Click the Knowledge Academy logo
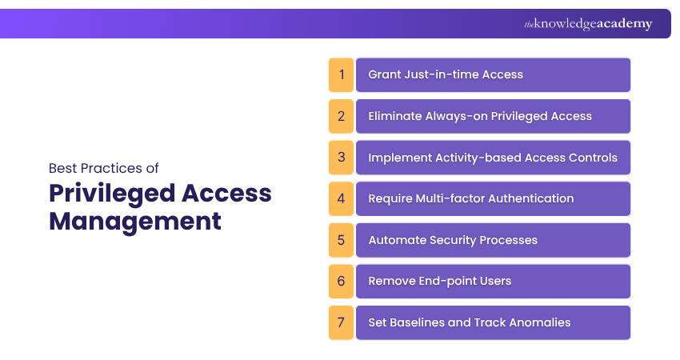[x=588, y=24]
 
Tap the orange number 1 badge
[x=341, y=74]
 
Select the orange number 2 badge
[x=341, y=116]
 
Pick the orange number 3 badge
[x=341, y=158]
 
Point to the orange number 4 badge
[x=341, y=198]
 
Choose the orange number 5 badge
[x=341, y=240]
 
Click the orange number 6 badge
[x=341, y=282]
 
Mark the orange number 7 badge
[x=341, y=322]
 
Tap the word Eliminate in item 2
[x=393, y=116]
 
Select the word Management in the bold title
[x=134, y=220]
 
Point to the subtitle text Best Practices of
[x=104, y=169]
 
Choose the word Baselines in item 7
[x=418, y=322]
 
